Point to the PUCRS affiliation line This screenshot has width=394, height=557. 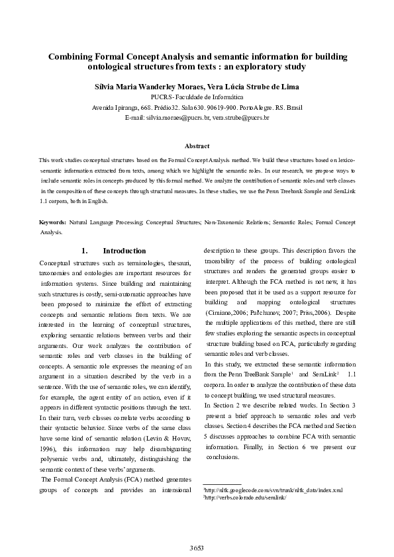(197, 97)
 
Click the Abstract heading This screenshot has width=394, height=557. (197, 146)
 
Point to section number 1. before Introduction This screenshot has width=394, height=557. (85, 251)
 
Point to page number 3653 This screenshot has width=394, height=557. (197, 548)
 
